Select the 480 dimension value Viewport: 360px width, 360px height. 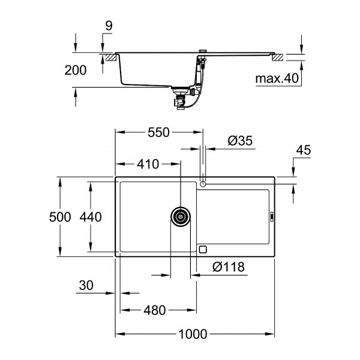(x=154, y=311)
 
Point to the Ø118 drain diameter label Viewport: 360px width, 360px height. (x=228, y=268)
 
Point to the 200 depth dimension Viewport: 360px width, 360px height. (x=75, y=70)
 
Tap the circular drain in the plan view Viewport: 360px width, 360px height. (x=181, y=217)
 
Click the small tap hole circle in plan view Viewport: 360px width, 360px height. (x=204, y=182)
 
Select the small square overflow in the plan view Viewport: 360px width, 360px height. (x=203, y=249)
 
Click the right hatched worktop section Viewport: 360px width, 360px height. (x=278, y=57)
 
